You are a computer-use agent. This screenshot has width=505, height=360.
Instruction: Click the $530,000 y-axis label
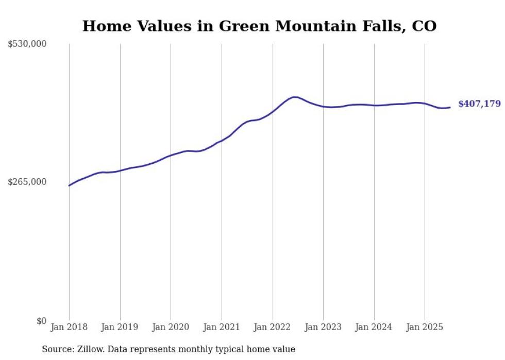tap(27, 44)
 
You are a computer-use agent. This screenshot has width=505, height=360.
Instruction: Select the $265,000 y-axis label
tap(27, 182)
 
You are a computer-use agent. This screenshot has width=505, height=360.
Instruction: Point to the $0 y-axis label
tap(42, 321)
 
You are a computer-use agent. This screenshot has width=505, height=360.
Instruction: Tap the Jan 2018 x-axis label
tap(69, 327)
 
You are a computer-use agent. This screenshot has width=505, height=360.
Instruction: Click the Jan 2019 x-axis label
tap(120, 327)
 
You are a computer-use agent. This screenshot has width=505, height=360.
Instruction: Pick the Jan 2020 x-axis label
tap(171, 327)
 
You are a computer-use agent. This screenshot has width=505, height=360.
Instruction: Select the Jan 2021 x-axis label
tap(222, 327)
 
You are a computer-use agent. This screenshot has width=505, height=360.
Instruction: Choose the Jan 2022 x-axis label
tap(273, 327)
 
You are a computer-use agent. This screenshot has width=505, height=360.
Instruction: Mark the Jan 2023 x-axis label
tap(323, 327)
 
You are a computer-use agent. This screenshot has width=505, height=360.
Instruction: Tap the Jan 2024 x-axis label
tap(374, 327)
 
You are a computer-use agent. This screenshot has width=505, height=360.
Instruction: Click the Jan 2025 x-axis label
tap(425, 327)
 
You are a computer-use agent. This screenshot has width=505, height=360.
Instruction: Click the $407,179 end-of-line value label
tap(479, 104)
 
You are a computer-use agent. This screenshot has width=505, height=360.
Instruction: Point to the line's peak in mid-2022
tap(294, 97)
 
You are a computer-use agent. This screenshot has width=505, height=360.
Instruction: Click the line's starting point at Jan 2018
tap(69, 185)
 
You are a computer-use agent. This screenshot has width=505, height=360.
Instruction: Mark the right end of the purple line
tap(450, 107)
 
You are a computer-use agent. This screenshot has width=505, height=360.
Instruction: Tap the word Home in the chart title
tap(103, 26)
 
